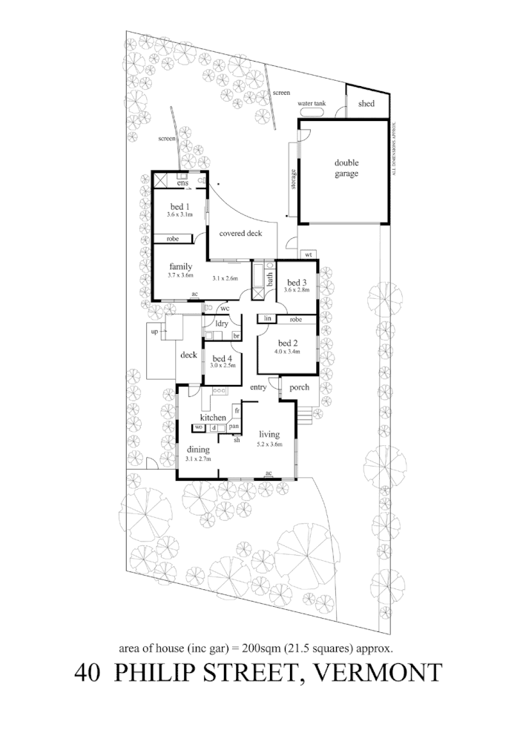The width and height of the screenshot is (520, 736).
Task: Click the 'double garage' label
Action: pyautogui.click(x=346, y=168)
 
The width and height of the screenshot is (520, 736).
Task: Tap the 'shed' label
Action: pyautogui.click(x=366, y=104)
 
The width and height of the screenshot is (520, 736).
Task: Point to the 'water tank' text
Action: pyautogui.click(x=312, y=104)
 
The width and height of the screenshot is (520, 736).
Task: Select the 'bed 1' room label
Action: pyautogui.click(x=180, y=206)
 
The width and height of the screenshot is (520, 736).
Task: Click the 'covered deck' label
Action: pyautogui.click(x=240, y=234)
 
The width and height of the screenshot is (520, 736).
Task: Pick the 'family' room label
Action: pyautogui.click(x=180, y=267)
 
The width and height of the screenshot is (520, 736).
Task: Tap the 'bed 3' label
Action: pyautogui.click(x=297, y=283)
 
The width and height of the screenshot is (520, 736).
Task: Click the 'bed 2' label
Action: pyautogui.click(x=288, y=343)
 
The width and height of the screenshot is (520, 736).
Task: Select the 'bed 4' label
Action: pyautogui.click(x=222, y=358)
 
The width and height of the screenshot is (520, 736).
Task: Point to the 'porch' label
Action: pyautogui.click(x=299, y=387)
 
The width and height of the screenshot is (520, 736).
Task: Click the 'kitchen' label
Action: pyautogui.click(x=211, y=418)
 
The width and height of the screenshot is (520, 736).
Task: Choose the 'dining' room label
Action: pyautogui.click(x=198, y=450)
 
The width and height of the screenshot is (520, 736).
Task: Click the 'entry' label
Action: pyautogui.click(x=258, y=388)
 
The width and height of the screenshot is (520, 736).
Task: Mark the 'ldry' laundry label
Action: pyautogui.click(x=221, y=323)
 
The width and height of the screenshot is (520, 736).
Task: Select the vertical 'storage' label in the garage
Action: pyautogui.click(x=293, y=180)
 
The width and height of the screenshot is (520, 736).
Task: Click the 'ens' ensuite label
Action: pyautogui.click(x=182, y=183)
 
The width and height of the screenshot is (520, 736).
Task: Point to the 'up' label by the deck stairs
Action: pyautogui.click(x=155, y=332)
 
